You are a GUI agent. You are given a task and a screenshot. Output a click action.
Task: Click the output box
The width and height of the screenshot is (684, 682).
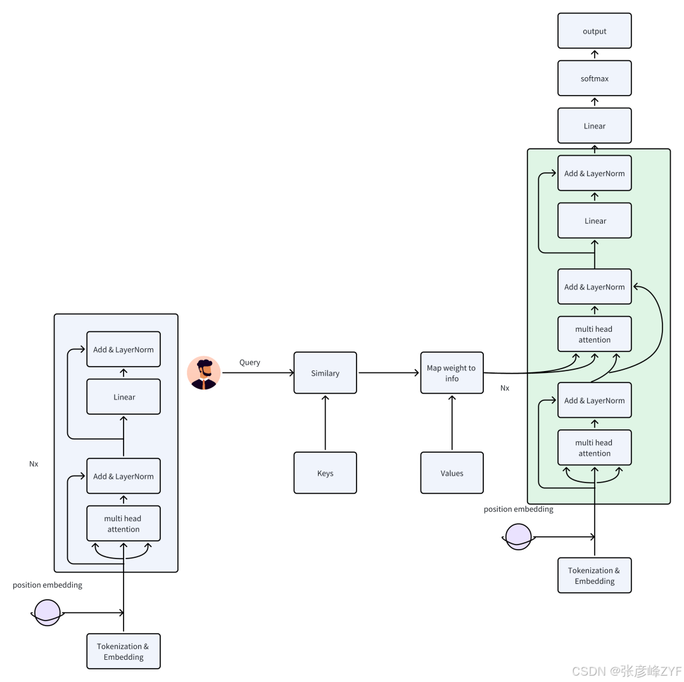(x=594, y=31)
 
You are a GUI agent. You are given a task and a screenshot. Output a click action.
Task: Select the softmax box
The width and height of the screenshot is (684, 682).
(x=594, y=79)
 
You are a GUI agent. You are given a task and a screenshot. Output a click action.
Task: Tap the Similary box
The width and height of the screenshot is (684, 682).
(x=325, y=373)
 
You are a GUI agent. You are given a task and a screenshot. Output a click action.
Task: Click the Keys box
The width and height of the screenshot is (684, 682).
(x=325, y=473)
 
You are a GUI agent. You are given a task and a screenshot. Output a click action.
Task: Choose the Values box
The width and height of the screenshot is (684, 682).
(x=452, y=473)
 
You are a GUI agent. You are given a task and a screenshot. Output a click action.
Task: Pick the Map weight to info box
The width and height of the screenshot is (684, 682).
(x=452, y=373)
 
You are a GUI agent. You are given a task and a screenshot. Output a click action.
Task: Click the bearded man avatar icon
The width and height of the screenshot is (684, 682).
(x=204, y=373)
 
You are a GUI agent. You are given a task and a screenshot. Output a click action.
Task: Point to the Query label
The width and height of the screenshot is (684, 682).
(x=250, y=362)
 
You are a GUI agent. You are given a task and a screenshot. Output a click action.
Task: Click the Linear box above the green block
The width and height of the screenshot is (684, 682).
(x=594, y=126)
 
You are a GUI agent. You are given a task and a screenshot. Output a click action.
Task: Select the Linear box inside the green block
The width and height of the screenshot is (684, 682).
(x=594, y=221)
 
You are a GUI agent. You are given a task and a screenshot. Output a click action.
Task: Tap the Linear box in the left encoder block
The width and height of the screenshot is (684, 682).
(x=123, y=397)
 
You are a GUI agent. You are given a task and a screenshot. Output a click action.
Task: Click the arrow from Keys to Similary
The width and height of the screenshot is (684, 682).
(x=325, y=423)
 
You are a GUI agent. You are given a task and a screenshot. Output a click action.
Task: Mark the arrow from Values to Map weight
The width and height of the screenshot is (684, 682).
(x=452, y=423)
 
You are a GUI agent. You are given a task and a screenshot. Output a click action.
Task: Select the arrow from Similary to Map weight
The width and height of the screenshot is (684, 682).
(x=388, y=373)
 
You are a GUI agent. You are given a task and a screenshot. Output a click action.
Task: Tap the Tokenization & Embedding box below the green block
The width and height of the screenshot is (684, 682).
(x=594, y=576)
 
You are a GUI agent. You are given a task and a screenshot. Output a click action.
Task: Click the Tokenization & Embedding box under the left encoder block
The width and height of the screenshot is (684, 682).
(x=123, y=652)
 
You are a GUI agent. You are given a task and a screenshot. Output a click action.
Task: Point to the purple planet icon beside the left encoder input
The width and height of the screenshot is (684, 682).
(x=47, y=613)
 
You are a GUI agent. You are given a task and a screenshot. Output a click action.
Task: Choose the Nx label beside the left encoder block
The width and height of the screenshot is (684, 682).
(x=34, y=464)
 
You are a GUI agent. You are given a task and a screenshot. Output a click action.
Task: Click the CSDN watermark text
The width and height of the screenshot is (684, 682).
(x=626, y=671)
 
